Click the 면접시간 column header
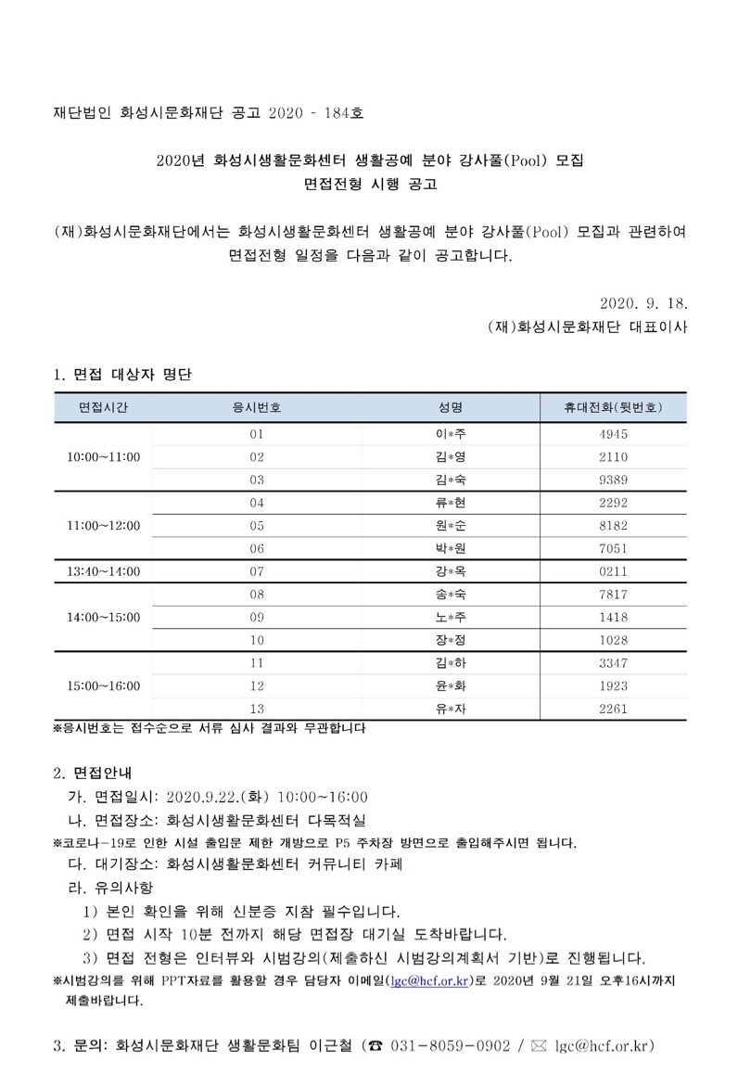pyautogui.click(x=103, y=407)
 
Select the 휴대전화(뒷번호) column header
pyautogui.click(x=613, y=407)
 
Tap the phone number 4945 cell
pyautogui.click(x=613, y=434)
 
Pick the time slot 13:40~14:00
pyautogui.click(x=103, y=570)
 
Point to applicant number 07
pyautogui.click(x=257, y=570)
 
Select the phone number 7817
pyautogui.click(x=613, y=594)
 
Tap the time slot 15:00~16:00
pyautogui.click(x=103, y=685)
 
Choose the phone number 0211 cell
pyautogui.click(x=613, y=570)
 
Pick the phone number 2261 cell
pyautogui.click(x=613, y=709)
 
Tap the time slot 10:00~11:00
pyautogui.click(x=103, y=456)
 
